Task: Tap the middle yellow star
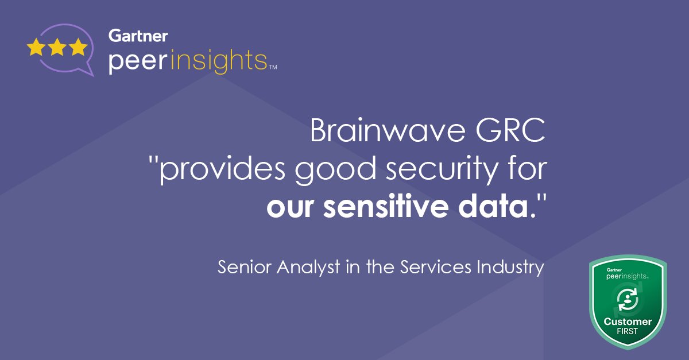pyautogui.click(x=57, y=47)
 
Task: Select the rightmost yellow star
pyautogui.click(x=78, y=47)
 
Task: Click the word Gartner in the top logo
pyautogui.click(x=138, y=36)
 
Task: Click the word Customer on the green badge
pyautogui.click(x=628, y=322)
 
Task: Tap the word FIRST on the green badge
pyautogui.click(x=628, y=332)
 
